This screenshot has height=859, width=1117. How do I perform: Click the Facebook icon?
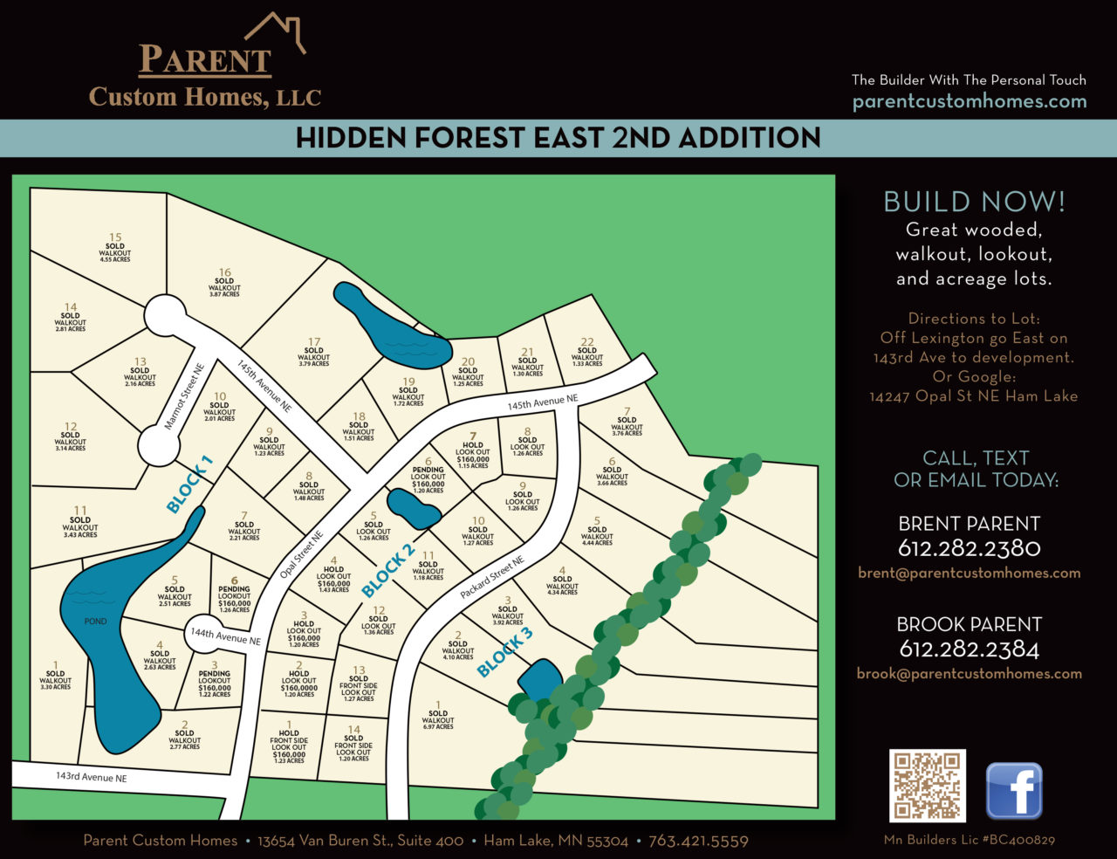click(1014, 790)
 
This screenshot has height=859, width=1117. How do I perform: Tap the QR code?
click(927, 786)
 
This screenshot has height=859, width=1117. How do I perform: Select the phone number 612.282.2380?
click(970, 548)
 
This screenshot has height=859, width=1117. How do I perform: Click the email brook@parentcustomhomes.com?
click(969, 673)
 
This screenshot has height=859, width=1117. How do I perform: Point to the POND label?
click(95, 622)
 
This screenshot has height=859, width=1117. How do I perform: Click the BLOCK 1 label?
click(189, 484)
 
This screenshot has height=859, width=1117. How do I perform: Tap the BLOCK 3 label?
click(504, 653)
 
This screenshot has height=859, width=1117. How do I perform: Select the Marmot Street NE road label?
click(184, 397)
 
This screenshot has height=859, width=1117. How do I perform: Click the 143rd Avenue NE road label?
click(92, 776)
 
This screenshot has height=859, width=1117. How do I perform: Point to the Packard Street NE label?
click(493, 578)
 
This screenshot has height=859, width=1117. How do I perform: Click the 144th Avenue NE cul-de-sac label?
click(226, 637)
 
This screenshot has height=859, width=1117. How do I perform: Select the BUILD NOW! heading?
click(974, 202)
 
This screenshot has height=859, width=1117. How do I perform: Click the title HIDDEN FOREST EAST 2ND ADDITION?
click(558, 138)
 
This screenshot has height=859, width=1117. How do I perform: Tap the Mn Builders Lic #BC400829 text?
click(969, 840)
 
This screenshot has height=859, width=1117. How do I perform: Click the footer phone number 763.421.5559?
click(698, 841)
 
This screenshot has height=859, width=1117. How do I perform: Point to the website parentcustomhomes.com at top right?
click(970, 101)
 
